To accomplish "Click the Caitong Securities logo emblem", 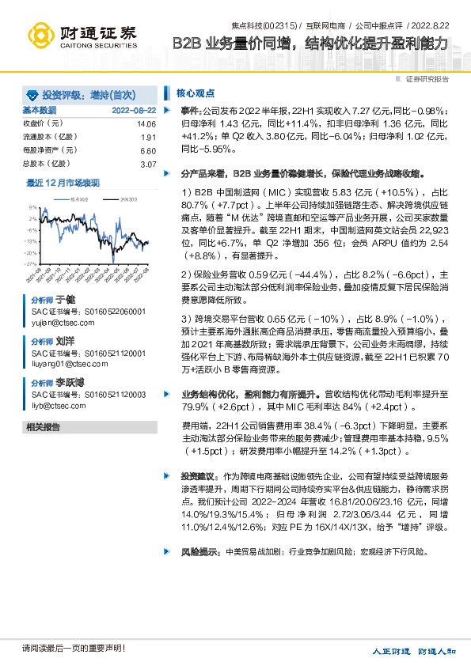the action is click(x=40, y=34).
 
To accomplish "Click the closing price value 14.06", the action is click(x=146, y=124).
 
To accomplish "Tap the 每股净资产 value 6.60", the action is click(x=148, y=150).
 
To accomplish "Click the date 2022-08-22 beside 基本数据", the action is click(x=134, y=110).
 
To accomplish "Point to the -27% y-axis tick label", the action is click(x=31, y=263).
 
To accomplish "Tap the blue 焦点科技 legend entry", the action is click(x=80, y=200).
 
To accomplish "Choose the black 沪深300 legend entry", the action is click(x=127, y=200).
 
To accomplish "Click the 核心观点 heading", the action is click(x=195, y=92).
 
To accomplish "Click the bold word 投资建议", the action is click(x=196, y=477).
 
